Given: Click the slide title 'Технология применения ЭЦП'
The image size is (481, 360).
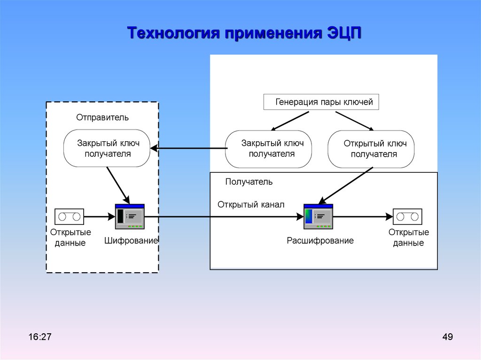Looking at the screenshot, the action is pyautogui.click(x=244, y=33).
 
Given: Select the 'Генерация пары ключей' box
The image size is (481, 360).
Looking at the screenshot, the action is pyautogui.click(x=321, y=102).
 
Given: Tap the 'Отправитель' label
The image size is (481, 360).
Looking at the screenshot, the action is pyautogui.click(x=102, y=117).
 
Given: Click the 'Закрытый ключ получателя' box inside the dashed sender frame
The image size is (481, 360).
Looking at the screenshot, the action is pyautogui.click(x=107, y=148).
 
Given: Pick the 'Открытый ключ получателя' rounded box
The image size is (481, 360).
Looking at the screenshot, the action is pyautogui.click(x=371, y=149).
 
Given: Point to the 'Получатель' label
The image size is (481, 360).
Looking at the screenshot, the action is pyautogui.click(x=249, y=182).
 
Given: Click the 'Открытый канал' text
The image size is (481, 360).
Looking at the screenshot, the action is pyautogui.click(x=251, y=205).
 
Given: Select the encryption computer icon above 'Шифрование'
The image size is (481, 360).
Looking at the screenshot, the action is pyautogui.click(x=130, y=216).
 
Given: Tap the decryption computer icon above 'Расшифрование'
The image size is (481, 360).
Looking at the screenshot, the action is pyautogui.click(x=318, y=216).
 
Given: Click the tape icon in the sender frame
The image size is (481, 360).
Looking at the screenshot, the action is pyautogui.click(x=70, y=216).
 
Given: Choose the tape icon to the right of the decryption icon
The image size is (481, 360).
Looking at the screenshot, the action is pyautogui.click(x=407, y=216).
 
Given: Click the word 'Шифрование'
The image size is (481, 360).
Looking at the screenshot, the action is pyautogui.click(x=131, y=241).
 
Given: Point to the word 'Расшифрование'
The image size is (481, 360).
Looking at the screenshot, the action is pyautogui.click(x=320, y=241).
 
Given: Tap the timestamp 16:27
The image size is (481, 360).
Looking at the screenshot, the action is pyautogui.click(x=40, y=337).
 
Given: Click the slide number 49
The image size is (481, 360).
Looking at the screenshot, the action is pyautogui.click(x=448, y=337).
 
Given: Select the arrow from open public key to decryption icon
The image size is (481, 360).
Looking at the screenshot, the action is pyautogui.click(x=346, y=185).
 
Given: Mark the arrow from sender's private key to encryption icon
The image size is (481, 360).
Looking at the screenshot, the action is pyautogui.click(x=118, y=185).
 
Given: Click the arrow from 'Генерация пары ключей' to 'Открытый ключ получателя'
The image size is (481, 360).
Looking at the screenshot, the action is pyautogui.click(x=355, y=121).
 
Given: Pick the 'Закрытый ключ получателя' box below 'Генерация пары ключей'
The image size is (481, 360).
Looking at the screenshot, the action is pyautogui.click(x=268, y=149).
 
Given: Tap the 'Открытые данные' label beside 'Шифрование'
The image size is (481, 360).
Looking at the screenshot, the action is pyautogui.click(x=70, y=237).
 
